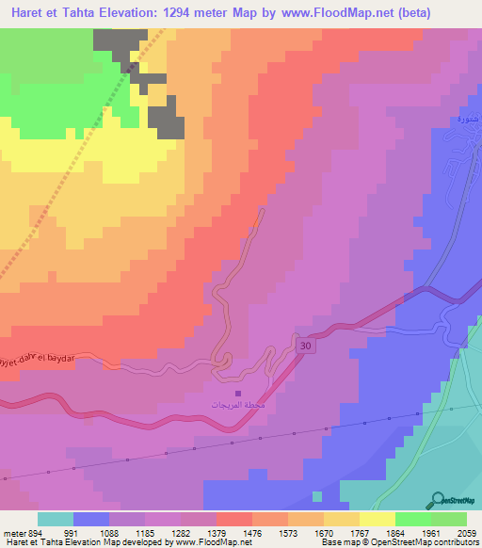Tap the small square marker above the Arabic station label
[237, 394]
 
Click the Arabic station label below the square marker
[237, 404]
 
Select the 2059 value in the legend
[467, 533]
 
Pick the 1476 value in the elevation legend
[252, 533]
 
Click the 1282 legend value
[181, 533]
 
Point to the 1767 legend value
[360, 533]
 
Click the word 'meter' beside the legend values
[12, 533]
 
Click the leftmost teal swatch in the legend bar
[56, 519]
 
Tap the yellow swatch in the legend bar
[378, 519]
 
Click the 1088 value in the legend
[109, 533]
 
